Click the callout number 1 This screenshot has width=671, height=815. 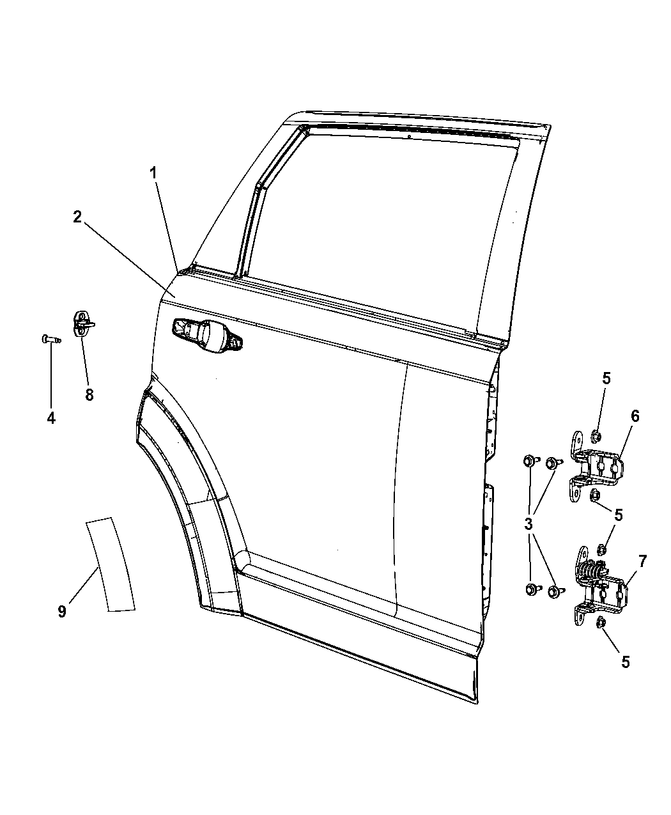[x=153, y=173]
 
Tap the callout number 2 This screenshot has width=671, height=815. [x=78, y=217]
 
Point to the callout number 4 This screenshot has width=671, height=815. [x=51, y=418]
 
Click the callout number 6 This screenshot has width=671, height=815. [x=635, y=417]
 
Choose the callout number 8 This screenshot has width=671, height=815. [x=89, y=395]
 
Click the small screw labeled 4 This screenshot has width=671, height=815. [x=51, y=339]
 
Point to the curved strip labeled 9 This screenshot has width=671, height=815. [x=111, y=571]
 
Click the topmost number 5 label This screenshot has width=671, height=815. [x=606, y=378]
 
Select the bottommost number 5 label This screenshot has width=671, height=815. [x=626, y=662]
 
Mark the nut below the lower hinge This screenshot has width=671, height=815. [x=601, y=634]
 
